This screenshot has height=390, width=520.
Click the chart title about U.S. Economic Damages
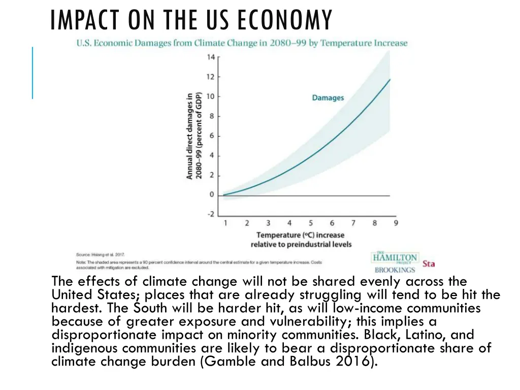pos(242,43)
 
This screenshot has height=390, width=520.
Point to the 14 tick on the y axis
pos(211,57)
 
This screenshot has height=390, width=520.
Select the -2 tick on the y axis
pos(211,214)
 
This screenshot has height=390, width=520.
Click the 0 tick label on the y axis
pos(212,195)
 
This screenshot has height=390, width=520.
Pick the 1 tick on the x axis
pos(225,223)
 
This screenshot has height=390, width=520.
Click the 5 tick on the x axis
pos(310,223)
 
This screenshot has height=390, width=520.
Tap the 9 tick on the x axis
pos(396,223)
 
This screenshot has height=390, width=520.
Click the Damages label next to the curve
pos(328,97)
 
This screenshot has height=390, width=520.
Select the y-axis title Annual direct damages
pos(194,136)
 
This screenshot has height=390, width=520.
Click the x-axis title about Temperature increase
pos(301,240)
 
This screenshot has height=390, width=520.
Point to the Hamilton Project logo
pos(395,257)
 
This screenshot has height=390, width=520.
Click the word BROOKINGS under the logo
pos(395,270)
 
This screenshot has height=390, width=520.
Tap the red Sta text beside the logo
pos(429,264)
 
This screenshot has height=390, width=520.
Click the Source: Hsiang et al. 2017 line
pos(101,254)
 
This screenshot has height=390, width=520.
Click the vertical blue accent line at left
pos(32,72)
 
